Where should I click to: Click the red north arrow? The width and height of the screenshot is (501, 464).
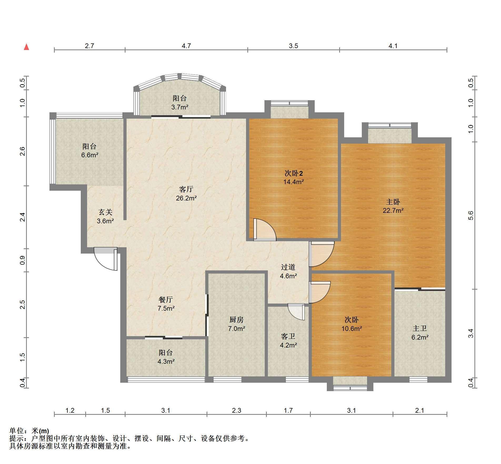coord(26,47)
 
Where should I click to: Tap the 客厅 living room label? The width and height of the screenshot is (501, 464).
coord(186,189)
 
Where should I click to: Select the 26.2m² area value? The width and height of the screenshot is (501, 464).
coord(186,198)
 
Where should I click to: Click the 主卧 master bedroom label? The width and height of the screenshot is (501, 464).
coord(393,202)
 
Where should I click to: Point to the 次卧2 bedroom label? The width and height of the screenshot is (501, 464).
coord(294,173)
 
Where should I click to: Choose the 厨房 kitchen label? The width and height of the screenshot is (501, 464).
coord(237,320)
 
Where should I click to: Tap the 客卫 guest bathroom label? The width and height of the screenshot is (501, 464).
coord(288,336)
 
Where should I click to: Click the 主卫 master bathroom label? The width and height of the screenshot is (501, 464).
coord(420,328)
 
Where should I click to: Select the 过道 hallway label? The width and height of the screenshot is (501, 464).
coord(288,267)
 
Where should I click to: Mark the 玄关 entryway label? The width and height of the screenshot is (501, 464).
coord(105,212)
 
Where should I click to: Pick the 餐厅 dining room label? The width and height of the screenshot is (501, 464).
coord(166,299)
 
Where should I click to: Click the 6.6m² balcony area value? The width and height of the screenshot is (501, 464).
coord(89,155)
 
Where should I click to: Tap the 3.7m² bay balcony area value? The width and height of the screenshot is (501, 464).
coord(180,107)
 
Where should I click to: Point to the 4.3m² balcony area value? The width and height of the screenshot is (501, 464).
coord(166,361)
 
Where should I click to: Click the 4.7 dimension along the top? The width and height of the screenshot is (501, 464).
coord(186,46)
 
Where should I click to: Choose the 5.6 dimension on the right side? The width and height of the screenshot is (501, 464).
coord(471,215)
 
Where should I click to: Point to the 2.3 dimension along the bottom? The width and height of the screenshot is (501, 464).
coord(237,410)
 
